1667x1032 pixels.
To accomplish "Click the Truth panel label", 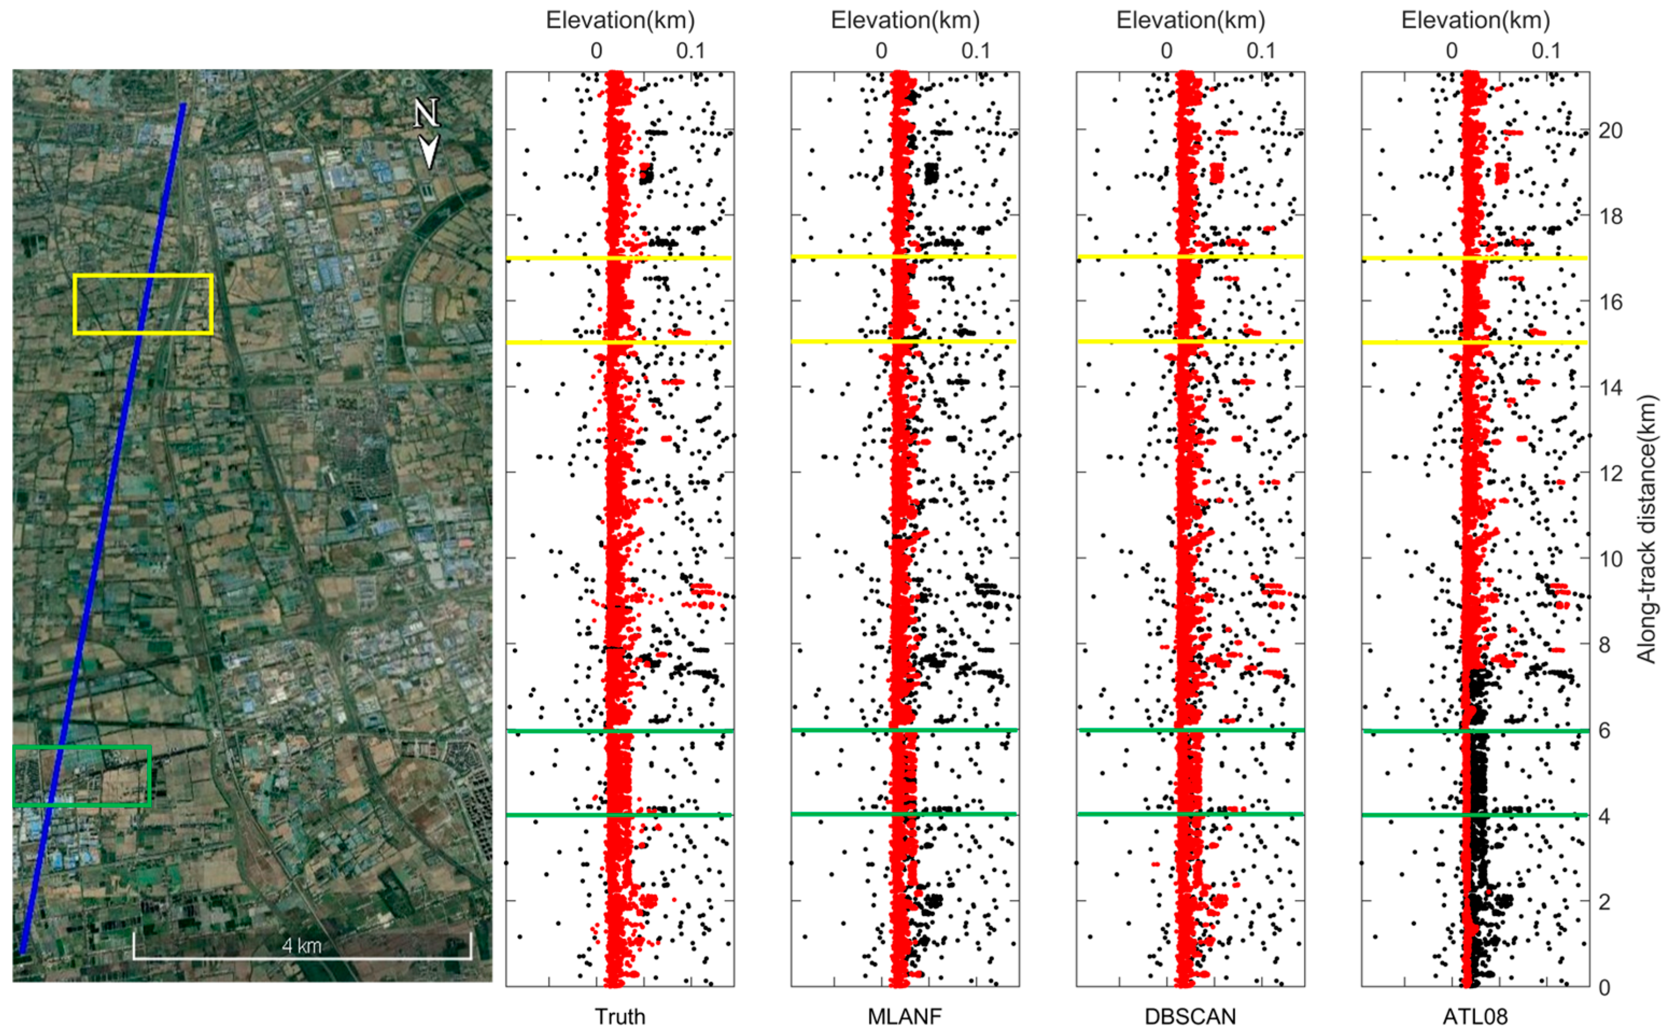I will tap(619, 1016).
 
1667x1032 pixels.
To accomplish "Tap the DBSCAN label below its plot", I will tap(1190, 1016).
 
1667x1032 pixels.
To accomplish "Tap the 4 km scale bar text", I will tap(302, 945).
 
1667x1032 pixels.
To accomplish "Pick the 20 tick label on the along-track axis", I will tap(1611, 130).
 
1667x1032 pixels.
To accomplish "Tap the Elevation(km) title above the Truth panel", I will tap(619, 20).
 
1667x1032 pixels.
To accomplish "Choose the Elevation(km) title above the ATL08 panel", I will tap(1475, 20).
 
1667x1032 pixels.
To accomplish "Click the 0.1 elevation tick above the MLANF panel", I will tap(975, 51).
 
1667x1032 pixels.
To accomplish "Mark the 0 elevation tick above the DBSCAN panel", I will tap(1166, 51).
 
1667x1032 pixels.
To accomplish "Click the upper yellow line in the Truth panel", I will tap(619, 258).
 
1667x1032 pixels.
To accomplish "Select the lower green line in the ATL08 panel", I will tap(1474, 815).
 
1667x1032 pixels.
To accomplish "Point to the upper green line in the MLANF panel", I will tap(904, 730).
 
